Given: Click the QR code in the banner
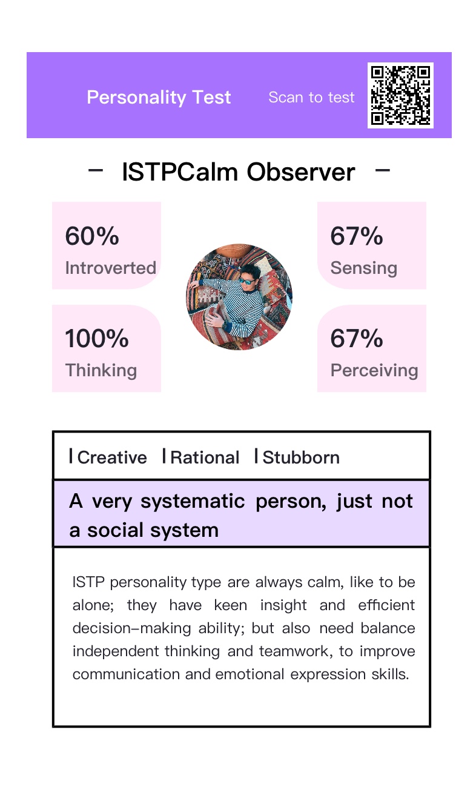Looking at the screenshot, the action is click(400, 95).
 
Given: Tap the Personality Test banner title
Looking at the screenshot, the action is click(159, 98).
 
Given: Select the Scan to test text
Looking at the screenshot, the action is click(311, 98).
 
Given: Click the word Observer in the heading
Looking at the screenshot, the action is click(300, 172).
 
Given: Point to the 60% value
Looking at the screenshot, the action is click(92, 236).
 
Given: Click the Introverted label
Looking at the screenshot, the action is click(110, 268).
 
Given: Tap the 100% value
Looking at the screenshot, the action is click(96, 338).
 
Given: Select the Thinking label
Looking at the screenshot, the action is click(101, 370).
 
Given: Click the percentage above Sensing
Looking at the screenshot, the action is click(356, 236).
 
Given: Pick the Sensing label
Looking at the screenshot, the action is click(364, 268).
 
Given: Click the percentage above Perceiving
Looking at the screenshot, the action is click(356, 338).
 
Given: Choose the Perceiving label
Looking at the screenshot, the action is click(374, 370).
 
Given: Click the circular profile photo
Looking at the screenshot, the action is click(239, 297).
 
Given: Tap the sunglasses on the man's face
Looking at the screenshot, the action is click(247, 281).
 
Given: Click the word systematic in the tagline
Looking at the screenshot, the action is click(193, 502).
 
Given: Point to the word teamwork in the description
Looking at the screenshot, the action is click(294, 651).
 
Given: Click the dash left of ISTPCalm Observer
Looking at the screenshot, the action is click(96, 171).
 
